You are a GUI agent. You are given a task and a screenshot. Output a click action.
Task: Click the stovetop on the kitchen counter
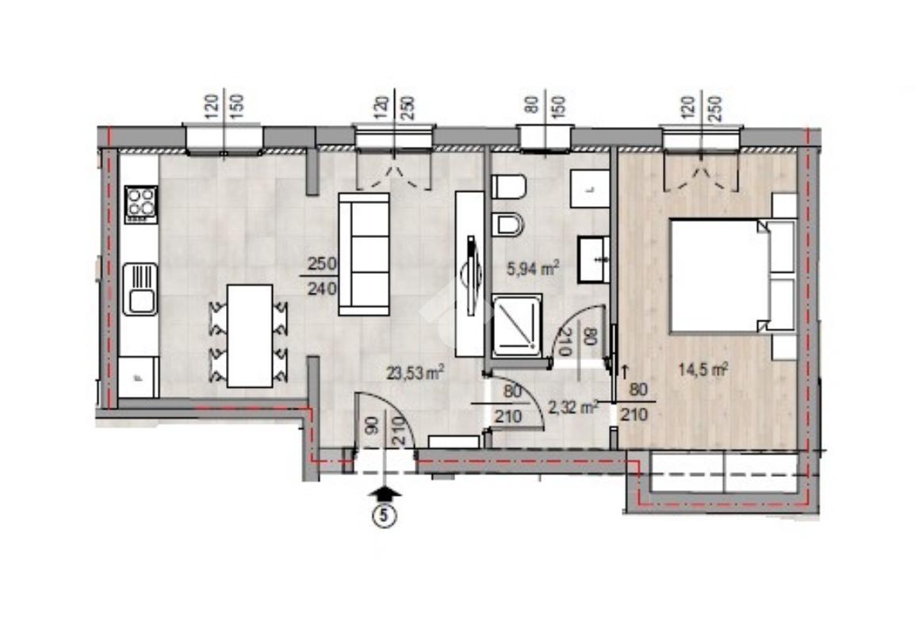point(141,204)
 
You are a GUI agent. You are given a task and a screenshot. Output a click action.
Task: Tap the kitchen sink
point(140,289)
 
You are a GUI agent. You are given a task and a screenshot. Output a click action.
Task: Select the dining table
point(250,336)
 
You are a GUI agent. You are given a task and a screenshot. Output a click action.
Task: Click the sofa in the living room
point(364,254)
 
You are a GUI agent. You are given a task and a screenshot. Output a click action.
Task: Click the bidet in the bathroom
point(507,225)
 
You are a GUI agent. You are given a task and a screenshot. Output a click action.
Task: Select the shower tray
point(517,326)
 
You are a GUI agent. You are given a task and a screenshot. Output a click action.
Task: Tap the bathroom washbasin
point(594,259)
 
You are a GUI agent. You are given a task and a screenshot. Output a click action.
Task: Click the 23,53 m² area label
point(415,372)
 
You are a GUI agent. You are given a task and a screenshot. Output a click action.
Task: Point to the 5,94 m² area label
point(533,269)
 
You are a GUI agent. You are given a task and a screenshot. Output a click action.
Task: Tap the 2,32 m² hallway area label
point(572,407)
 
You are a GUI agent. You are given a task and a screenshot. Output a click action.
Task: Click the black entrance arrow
point(385,494)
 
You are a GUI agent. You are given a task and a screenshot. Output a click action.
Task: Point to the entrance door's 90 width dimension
point(373,424)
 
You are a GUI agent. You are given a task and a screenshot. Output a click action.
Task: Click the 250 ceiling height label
point(323,263)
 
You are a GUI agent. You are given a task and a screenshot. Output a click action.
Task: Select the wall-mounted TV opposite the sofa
point(470,274)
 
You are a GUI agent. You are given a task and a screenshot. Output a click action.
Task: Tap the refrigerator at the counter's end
point(138,378)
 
